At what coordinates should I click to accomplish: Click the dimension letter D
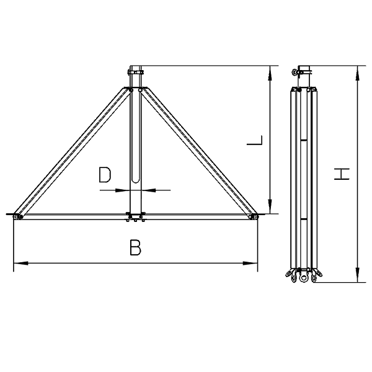[105, 175]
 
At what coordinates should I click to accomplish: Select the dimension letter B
[135, 247]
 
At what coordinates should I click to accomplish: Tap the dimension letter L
[255, 140]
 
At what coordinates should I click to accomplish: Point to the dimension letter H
[342, 174]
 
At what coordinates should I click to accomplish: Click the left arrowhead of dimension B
[21, 263]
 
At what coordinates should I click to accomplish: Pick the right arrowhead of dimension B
[250, 263]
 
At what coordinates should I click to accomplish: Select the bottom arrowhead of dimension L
[270, 206]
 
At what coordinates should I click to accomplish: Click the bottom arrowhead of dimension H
[358, 275]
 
